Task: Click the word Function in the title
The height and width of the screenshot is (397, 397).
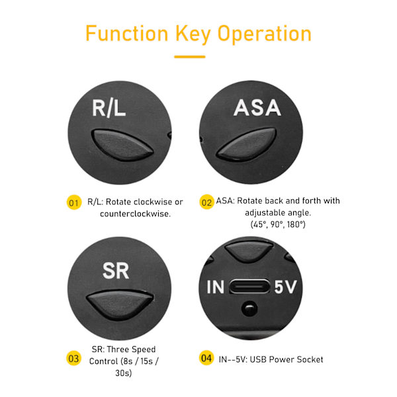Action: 127,33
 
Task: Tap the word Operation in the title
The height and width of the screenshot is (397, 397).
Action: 264,35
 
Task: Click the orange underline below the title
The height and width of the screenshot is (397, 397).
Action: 190,57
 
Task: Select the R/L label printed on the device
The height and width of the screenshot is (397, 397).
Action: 109,108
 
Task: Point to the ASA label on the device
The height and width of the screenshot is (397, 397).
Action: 257,108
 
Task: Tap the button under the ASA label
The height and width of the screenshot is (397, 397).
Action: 247,144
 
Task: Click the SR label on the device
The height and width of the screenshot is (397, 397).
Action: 116,271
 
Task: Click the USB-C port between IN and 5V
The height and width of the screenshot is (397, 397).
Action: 249,287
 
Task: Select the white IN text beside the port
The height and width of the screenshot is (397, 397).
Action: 216,287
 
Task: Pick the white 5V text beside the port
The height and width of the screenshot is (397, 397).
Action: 285,287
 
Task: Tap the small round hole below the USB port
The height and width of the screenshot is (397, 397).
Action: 249,308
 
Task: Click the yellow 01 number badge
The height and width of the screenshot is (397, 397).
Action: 74,202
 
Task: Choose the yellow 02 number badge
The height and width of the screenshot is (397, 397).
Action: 206,202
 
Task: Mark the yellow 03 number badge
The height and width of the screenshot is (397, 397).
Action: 73,358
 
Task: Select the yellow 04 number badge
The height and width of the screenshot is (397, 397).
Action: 206,358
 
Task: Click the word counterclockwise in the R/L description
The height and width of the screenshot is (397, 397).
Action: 136,214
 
